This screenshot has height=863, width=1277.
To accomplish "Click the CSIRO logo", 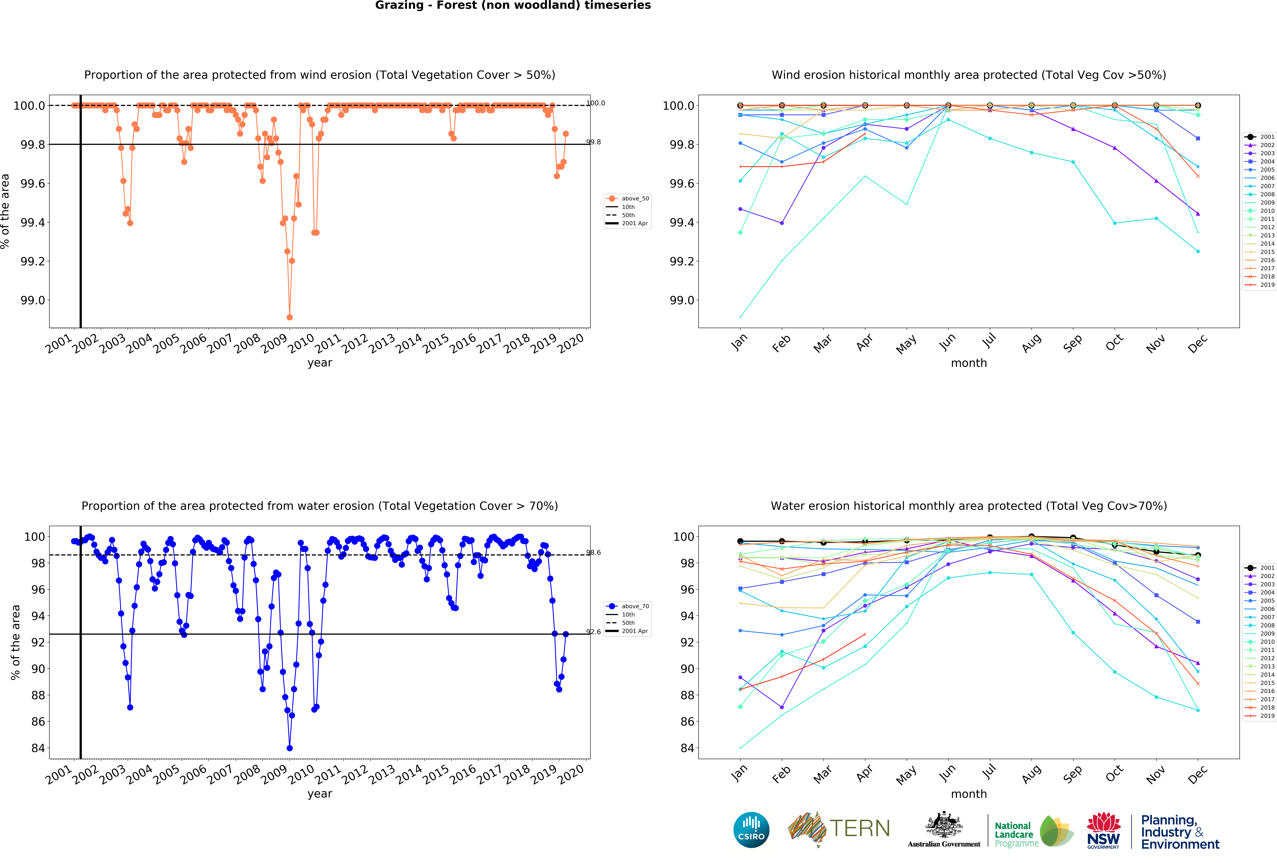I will tap(751, 829).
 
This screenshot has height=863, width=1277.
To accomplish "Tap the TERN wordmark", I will tap(859, 828).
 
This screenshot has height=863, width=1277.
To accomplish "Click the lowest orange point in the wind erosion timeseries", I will tap(290, 317).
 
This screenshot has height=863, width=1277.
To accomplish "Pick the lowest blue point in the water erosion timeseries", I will tap(290, 748).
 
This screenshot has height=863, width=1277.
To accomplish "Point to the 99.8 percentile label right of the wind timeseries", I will tap(593, 142).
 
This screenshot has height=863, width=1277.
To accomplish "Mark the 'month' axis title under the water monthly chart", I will tap(969, 794).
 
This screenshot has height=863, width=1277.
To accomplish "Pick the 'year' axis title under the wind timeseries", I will tap(320, 363).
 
